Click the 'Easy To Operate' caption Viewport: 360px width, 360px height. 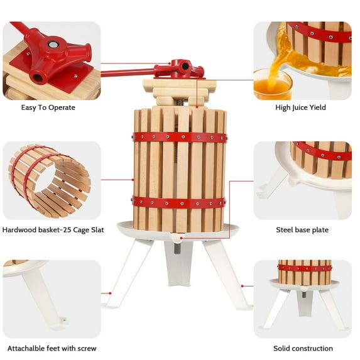48,107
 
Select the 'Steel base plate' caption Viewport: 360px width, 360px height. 302,230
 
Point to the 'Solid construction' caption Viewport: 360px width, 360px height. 303,348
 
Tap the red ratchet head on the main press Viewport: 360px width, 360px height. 181,67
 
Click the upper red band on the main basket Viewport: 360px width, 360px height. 180,137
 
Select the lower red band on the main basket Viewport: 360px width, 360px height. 179,202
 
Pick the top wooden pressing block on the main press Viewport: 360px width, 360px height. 179,85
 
